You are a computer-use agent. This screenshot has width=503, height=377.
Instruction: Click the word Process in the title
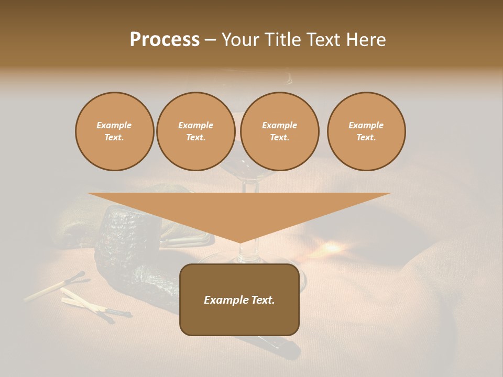[x=165, y=40]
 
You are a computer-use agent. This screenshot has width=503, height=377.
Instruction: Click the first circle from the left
[x=114, y=131]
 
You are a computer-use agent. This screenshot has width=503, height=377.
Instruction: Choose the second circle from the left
[x=195, y=131]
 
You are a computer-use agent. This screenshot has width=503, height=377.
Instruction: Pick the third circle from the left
[x=279, y=131]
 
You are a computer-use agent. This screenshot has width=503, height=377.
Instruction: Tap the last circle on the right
[x=366, y=131]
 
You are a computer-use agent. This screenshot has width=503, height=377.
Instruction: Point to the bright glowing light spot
[x=331, y=247]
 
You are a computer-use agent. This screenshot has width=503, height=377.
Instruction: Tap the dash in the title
[x=210, y=40]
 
